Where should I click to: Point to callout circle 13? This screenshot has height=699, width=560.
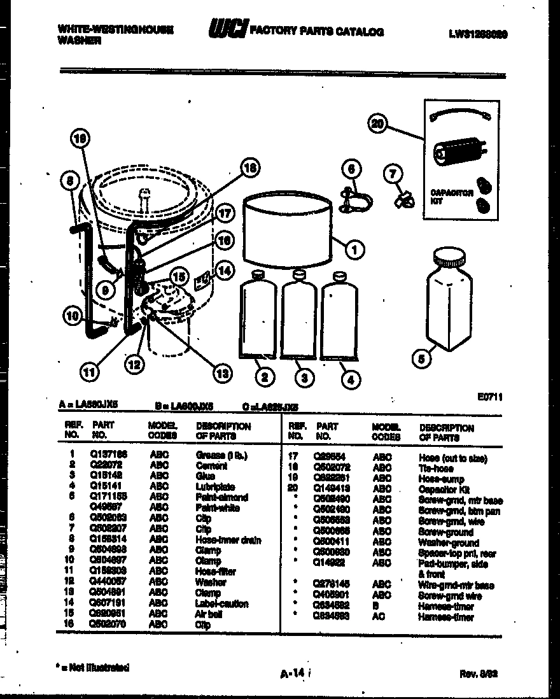pos(221,374)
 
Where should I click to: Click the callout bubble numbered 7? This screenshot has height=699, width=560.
pos(393,173)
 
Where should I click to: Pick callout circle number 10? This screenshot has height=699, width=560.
pos(73,314)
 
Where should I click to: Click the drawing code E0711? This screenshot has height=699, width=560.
pos(489,396)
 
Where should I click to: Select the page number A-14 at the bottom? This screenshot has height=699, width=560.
pos(294,672)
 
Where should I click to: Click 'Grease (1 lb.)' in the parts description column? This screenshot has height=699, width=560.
pos(221,455)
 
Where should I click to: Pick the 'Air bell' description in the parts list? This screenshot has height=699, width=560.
pos(209,614)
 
